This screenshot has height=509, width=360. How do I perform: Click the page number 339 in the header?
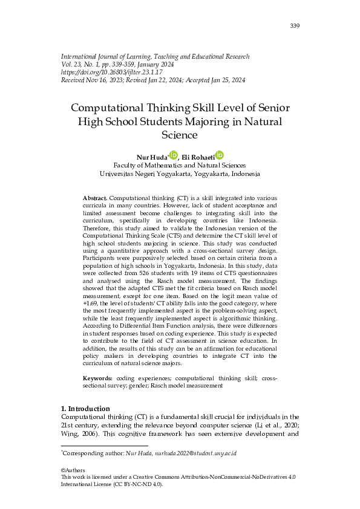[295, 25]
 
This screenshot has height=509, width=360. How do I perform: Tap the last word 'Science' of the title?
[180, 135]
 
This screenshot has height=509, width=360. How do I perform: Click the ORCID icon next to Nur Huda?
[174, 155]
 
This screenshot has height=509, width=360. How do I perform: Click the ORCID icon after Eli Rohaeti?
[219, 155]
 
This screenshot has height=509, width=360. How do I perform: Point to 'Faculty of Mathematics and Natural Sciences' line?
[180, 165]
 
